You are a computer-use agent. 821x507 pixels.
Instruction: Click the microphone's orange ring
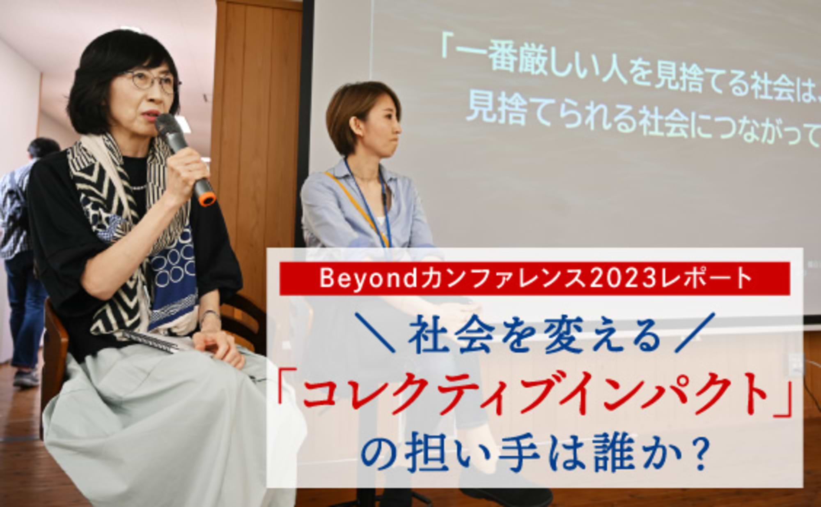point(206,199)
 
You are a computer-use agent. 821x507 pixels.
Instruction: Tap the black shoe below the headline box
point(509,493)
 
